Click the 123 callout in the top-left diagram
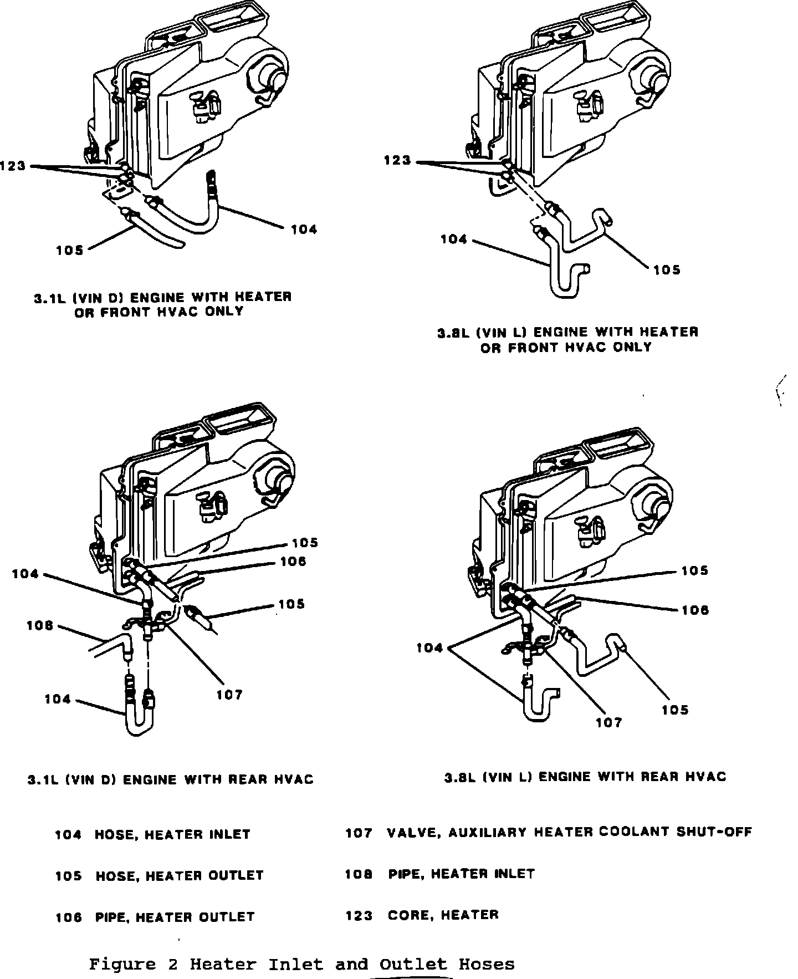[13, 166]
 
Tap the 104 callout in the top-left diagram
[304, 229]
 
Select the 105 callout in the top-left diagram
[69, 251]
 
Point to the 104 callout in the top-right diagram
[454, 239]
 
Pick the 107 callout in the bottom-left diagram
[229, 695]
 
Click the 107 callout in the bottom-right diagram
[609, 722]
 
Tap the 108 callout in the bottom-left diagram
[40, 625]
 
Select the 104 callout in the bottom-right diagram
[430, 647]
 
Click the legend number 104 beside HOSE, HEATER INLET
[68, 834]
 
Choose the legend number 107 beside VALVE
[359, 833]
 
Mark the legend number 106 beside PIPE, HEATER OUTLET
[69, 917]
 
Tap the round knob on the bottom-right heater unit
[658, 506]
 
